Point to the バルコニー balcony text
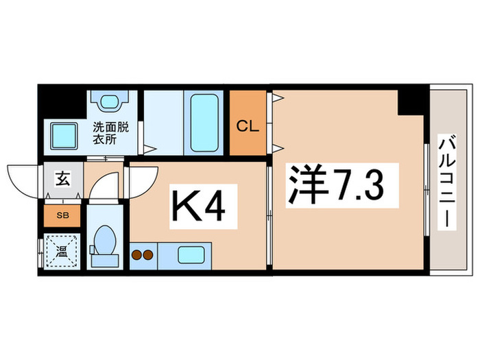446,184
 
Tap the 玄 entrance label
61,182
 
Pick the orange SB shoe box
62,215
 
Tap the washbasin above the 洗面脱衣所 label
108,101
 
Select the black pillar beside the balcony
412,100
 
